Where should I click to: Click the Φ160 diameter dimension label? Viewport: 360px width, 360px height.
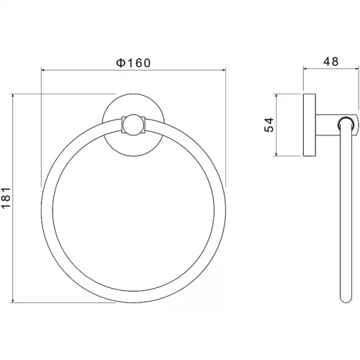pyautogui.click(x=133, y=63)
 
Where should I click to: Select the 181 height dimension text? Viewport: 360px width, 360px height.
pyautogui.click(x=6, y=198)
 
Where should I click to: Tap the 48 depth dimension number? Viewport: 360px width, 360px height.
pyautogui.click(x=330, y=62)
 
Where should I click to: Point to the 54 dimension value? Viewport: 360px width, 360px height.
pyautogui.click(x=269, y=125)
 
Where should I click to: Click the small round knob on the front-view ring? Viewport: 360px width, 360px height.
pyautogui.click(x=133, y=125)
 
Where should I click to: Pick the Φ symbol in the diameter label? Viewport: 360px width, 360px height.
pyautogui.click(x=121, y=63)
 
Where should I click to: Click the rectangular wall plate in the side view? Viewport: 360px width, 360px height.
pyautogui.click(x=310, y=125)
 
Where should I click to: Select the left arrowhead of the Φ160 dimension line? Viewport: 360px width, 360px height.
pyautogui.click(x=43, y=70)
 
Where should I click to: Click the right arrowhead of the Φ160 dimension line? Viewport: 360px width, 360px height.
pyautogui.click(x=224, y=70)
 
